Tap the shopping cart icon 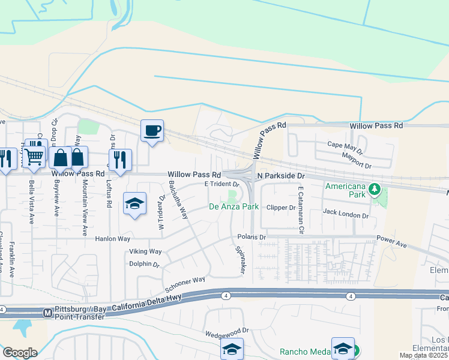pos(35,157)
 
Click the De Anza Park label pos(234,207)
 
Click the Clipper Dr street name pos(281,208)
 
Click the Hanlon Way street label pos(112,239)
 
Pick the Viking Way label pos(145,251)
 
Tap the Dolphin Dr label pos(143,264)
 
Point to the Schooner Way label pos(186,280)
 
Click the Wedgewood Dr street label pos(227,331)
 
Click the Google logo pos(20,353)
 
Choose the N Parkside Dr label pos(282,176)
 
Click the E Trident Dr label pos(222,184)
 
